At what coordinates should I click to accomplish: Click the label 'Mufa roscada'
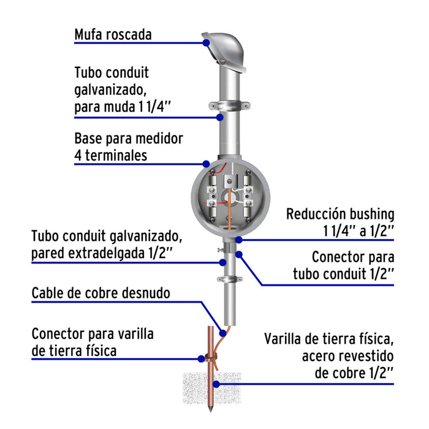112,34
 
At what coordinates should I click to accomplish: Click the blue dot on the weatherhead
207,43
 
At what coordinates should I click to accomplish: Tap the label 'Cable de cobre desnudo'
101,293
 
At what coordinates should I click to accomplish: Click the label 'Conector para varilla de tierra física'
93,343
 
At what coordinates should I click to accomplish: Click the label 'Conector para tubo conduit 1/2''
352,264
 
